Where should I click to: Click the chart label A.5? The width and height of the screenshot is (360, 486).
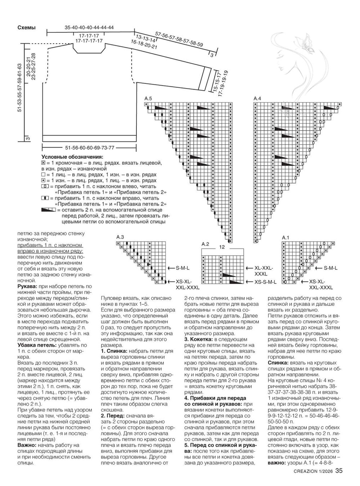148,98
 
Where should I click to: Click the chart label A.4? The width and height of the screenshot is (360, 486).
257,98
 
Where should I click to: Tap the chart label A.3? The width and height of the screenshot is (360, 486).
120,237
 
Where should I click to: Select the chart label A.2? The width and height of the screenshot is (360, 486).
205,244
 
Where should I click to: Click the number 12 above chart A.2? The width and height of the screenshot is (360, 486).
222,247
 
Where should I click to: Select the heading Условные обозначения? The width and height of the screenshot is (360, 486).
72,157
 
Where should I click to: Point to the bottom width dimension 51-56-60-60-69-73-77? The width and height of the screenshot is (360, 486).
90,148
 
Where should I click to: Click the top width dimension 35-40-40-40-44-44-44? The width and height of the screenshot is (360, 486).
89,28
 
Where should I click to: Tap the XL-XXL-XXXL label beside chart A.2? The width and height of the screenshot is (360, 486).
264,271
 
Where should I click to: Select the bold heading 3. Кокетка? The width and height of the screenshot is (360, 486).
199,339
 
